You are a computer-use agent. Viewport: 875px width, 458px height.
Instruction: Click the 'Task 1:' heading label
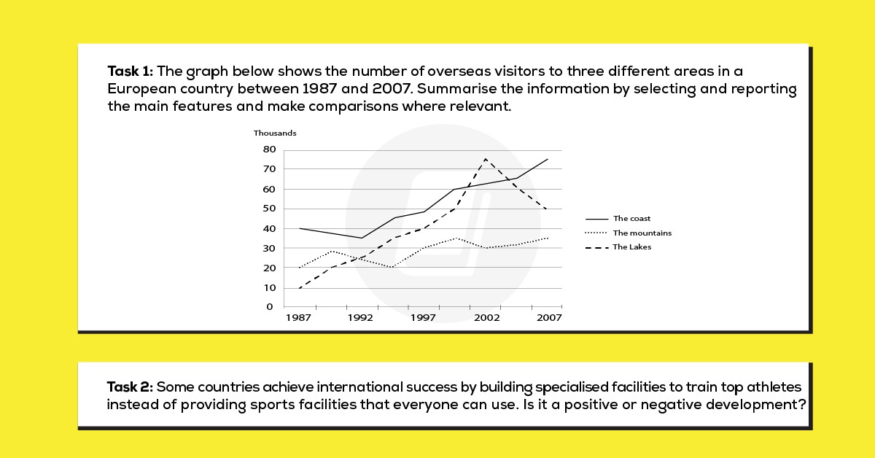pos(130,71)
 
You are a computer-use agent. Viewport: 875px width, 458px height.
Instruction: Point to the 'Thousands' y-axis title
pos(275,133)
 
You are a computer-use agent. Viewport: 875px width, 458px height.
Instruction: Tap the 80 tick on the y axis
pos(270,150)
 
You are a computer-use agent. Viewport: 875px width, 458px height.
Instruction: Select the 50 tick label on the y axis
pos(270,209)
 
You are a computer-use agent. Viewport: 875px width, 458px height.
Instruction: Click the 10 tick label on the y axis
pos(270,288)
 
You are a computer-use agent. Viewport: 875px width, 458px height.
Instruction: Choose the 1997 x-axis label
pos(423,319)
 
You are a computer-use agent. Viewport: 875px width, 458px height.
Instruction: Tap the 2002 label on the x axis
pos(486,319)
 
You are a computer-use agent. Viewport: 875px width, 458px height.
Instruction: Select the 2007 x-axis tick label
pos(549,319)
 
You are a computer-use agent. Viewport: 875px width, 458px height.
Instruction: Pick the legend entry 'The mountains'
pos(642,233)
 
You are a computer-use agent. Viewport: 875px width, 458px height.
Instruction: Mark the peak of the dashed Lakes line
pos(486,159)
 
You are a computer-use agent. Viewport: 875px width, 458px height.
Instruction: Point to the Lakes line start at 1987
pos(299,288)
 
